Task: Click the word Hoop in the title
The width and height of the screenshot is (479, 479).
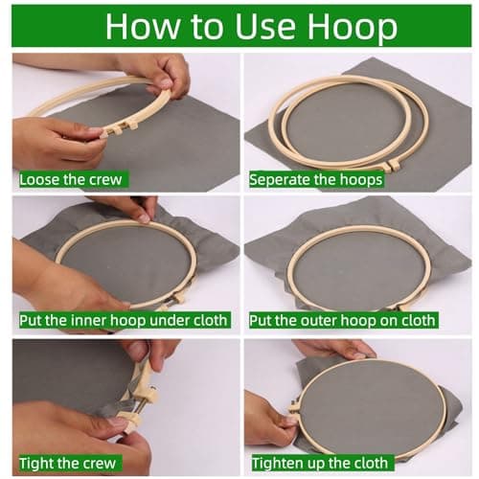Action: tap(353, 28)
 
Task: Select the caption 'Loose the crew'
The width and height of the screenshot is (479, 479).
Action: tap(71, 179)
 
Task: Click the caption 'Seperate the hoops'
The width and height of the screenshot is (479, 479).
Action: tap(316, 179)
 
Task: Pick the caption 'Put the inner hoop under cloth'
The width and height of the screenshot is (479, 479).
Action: tap(124, 320)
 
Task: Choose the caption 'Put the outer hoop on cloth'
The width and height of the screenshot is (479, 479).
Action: tap(342, 320)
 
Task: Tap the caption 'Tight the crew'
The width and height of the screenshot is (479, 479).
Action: tap(67, 463)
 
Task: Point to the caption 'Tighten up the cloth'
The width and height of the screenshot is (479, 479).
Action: tap(320, 463)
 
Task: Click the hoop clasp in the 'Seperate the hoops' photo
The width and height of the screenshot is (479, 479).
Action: tap(392, 165)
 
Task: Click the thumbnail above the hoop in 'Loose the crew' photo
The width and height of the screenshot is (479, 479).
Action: tap(166, 83)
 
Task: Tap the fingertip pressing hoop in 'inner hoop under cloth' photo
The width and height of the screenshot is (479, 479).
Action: tap(144, 218)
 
